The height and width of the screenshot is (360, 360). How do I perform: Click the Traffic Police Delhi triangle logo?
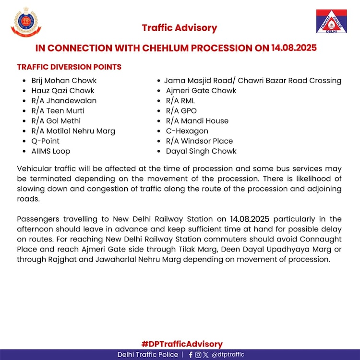pyautogui.click(x=331, y=22)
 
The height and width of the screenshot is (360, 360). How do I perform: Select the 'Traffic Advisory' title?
pyautogui.click(x=180, y=28)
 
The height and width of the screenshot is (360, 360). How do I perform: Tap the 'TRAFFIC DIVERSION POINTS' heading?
pyautogui.click(x=69, y=67)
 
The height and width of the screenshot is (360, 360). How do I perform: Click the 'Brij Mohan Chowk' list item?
pyautogui.click(x=64, y=81)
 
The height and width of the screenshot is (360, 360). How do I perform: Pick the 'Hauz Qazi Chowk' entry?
pyautogui.click(x=63, y=91)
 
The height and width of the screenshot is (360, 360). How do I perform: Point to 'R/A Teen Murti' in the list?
pyautogui.click(x=58, y=111)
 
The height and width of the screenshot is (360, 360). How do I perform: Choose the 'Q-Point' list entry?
pyautogui.click(x=46, y=141)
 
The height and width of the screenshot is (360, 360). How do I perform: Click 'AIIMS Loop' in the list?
pyautogui.click(x=51, y=151)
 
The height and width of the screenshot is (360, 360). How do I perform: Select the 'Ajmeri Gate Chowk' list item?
pyautogui.click(x=201, y=91)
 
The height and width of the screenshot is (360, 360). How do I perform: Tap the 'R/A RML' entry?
pyautogui.click(x=180, y=101)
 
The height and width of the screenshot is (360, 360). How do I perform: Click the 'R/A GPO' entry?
pyautogui.click(x=181, y=111)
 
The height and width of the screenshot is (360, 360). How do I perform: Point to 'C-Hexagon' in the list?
pyautogui.click(x=187, y=131)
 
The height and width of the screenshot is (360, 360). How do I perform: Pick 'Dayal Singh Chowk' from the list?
pyautogui.click(x=201, y=151)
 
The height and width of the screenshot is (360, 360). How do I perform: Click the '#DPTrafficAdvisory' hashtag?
pyautogui.click(x=182, y=344)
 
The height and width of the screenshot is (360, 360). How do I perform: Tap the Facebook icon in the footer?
pyautogui.click(x=191, y=355)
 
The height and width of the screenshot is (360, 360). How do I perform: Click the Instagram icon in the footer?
pyautogui.click(x=198, y=355)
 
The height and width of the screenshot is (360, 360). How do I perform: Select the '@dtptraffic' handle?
pyautogui.click(x=228, y=355)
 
